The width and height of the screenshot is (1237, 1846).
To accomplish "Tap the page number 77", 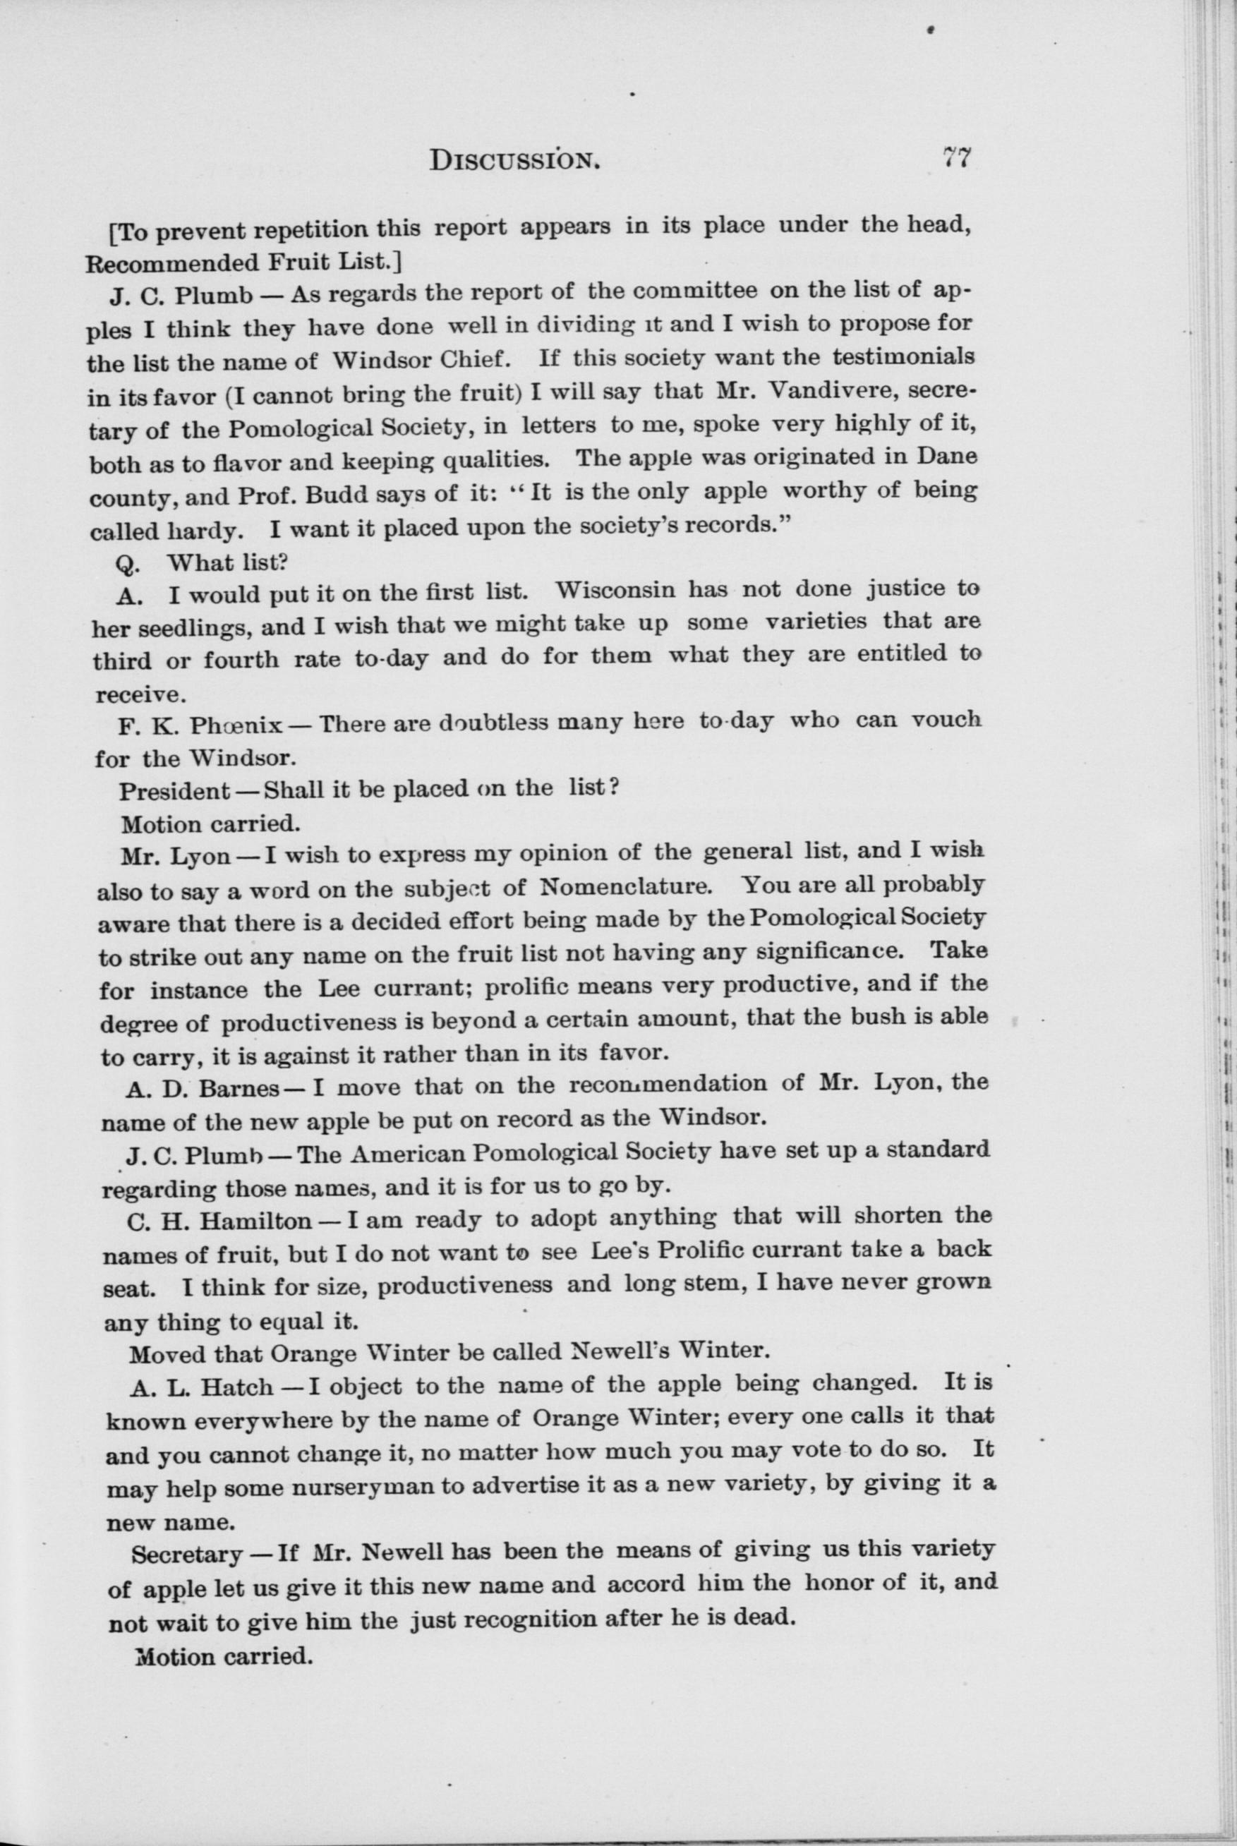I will [x=955, y=158].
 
